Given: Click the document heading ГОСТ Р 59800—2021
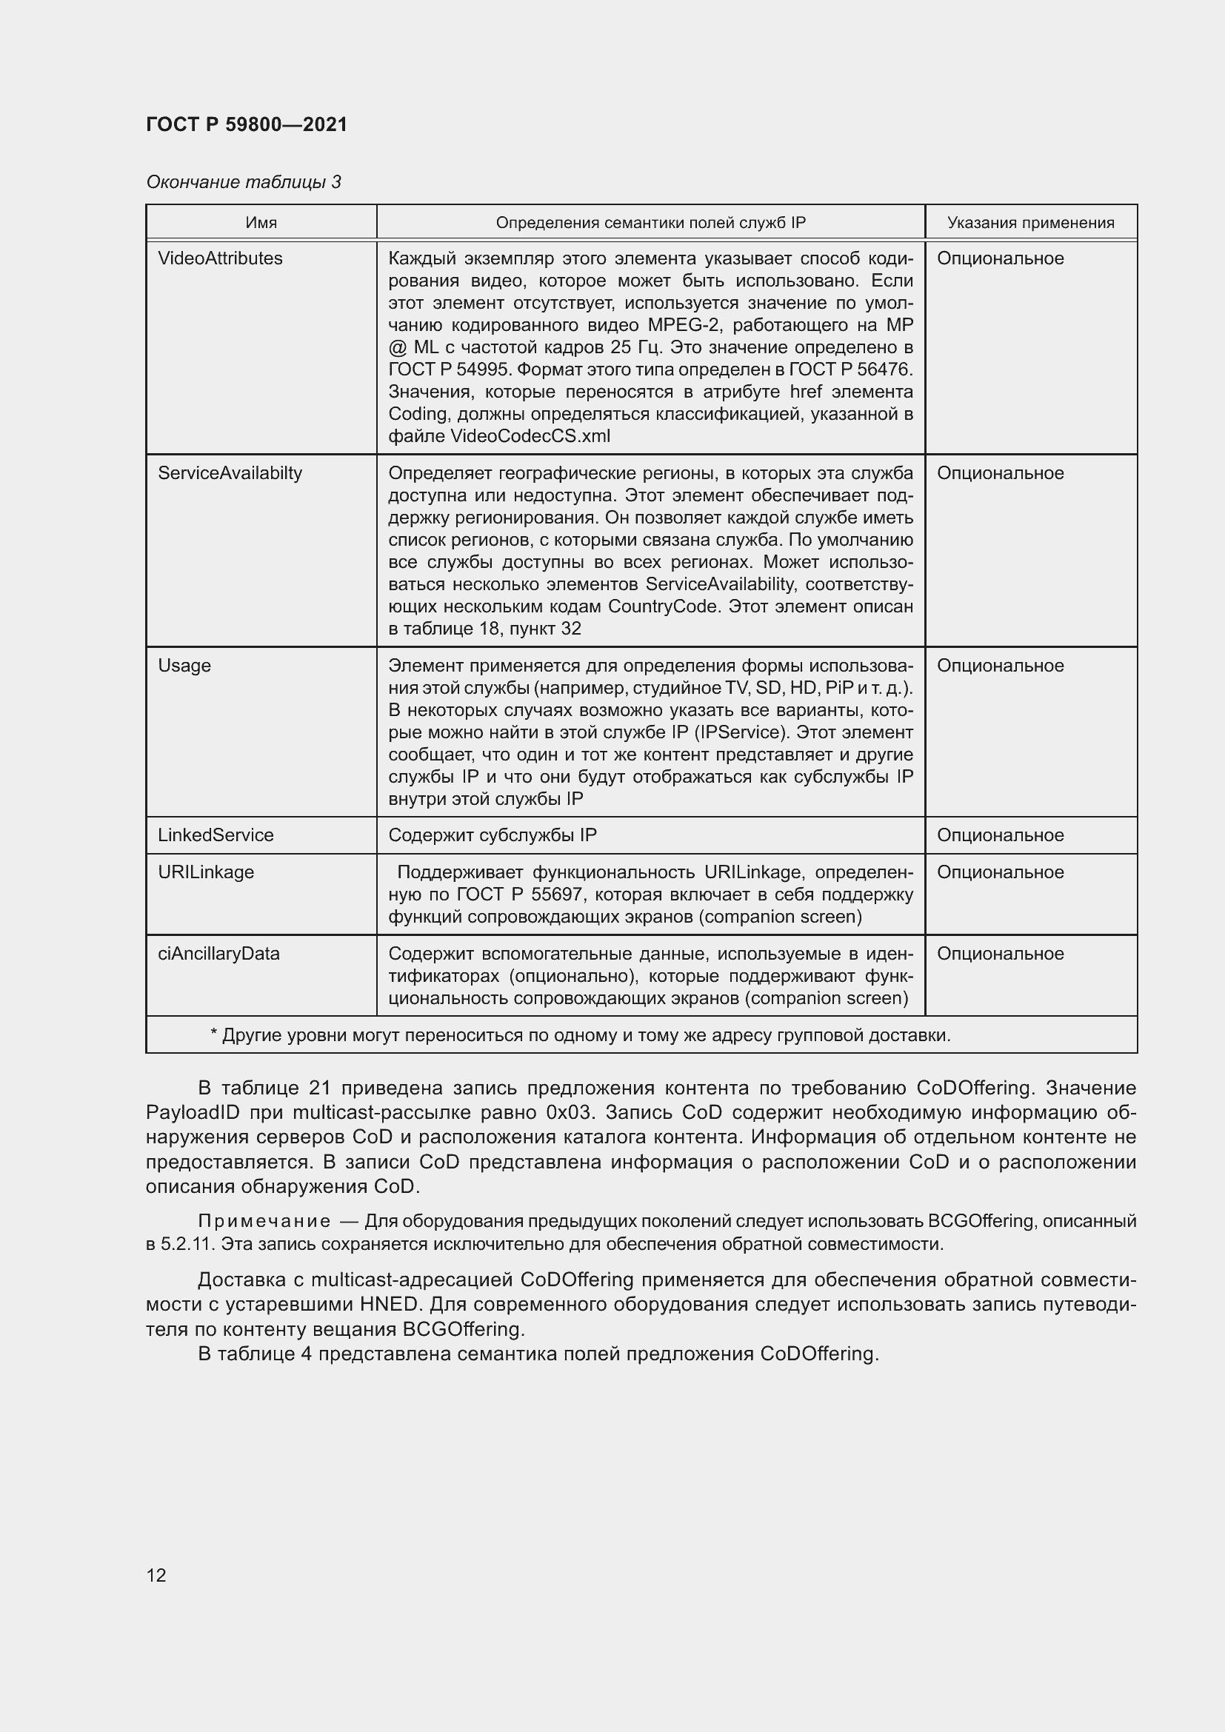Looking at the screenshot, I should (247, 124).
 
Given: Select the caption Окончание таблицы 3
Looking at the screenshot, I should (243, 182).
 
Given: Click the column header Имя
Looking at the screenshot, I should (261, 223).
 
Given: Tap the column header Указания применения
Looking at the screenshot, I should (1030, 223).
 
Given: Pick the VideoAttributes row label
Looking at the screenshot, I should (220, 258).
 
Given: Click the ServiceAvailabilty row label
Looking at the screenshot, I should (230, 473).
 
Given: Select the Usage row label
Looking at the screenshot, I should (184, 666).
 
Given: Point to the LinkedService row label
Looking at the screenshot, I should (216, 835).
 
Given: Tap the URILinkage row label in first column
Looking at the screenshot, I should (206, 872).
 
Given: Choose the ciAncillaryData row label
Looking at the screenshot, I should (218, 954).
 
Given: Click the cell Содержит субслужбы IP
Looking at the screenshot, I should (492, 835).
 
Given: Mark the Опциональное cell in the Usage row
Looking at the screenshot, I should (1000, 666).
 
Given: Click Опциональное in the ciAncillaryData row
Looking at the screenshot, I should (1000, 954).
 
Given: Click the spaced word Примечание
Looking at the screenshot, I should (264, 1221).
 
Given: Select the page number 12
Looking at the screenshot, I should (156, 1575).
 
